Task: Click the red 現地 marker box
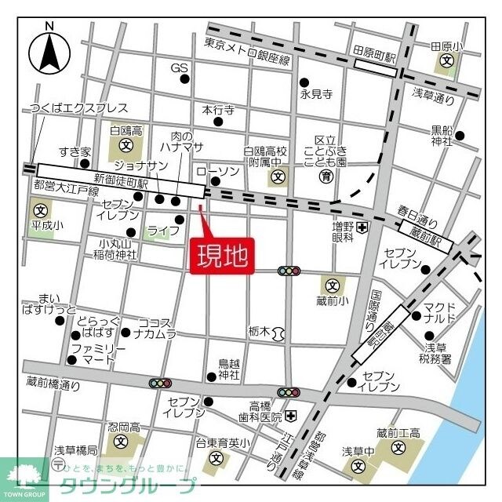coord(220,256)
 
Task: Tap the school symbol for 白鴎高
coord(125,145)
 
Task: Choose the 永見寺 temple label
coord(316,94)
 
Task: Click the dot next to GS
coord(184,78)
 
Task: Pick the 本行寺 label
coord(218,111)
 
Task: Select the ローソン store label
coord(211,171)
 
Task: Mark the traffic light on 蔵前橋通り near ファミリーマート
coord(161,384)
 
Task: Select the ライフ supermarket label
coord(158,231)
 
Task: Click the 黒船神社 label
coord(442,136)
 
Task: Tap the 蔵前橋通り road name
coord(53,384)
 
